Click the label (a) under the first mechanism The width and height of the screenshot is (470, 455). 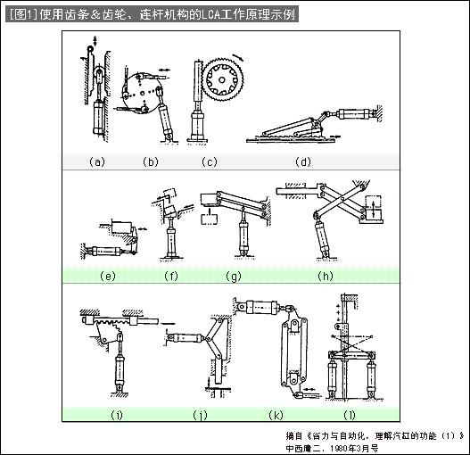tap(97, 161)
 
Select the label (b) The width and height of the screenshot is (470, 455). tap(150, 161)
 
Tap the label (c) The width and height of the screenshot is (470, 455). tap(209, 161)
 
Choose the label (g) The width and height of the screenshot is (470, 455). tap(235, 275)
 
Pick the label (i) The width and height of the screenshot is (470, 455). tap(117, 415)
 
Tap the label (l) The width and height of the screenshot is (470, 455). tap(350, 415)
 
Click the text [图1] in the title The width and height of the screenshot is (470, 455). tap(22, 14)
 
